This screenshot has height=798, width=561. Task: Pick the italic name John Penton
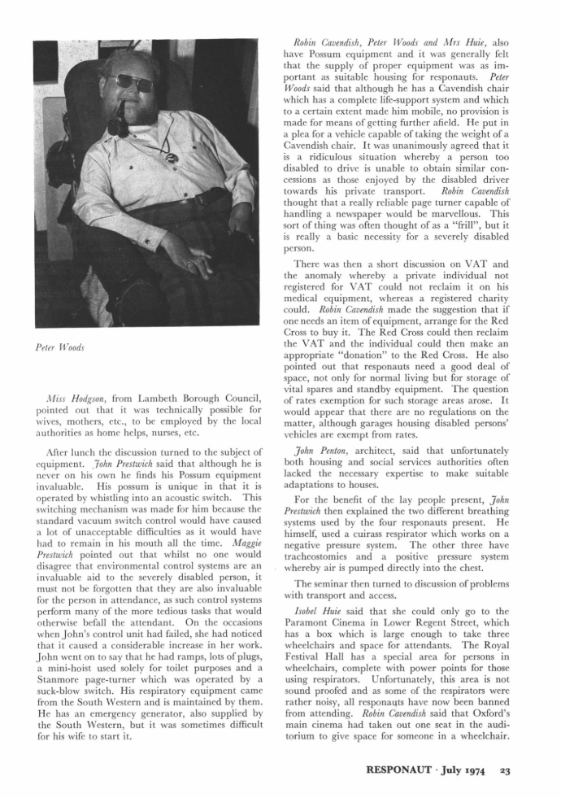click(323, 460)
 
